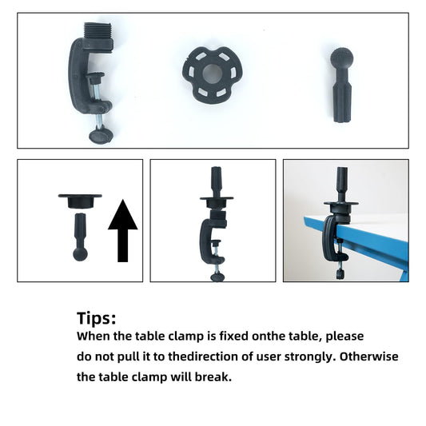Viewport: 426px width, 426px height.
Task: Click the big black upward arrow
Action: pyautogui.click(x=123, y=231)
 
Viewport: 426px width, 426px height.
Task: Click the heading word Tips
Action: pyautogui.click(x=96, y=318)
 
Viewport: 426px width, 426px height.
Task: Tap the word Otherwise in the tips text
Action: pyautogui.click(x=368, y=356)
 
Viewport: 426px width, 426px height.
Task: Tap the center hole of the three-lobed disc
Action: pyautogui.click(x=213, y=74)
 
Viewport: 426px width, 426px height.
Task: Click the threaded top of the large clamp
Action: pyautogui.click(x=98, y=31)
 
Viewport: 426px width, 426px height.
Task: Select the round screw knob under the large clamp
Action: pyautogui.click(x=101, y=136)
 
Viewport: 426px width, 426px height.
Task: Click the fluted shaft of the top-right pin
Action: pyautogui.click(x=342, y=101)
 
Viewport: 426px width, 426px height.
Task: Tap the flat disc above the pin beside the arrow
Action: pyautogui.click(x=80, y=201)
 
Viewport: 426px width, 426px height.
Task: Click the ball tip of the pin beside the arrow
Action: pyautogui.click(x=80, y=253)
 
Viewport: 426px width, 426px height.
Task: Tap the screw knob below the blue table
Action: pyautogui.click(x=340, y=274)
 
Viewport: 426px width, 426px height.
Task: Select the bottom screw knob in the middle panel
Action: pyautogui.click(x=217, y=277)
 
